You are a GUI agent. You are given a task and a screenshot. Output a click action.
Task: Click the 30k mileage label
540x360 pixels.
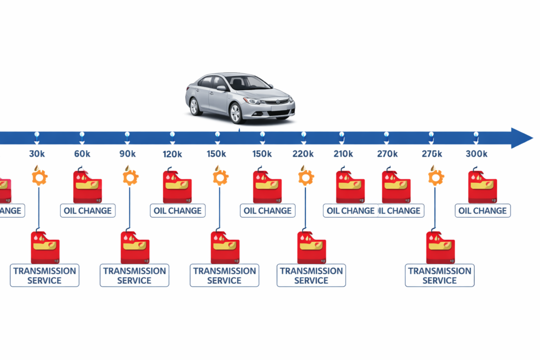tap(37, 154)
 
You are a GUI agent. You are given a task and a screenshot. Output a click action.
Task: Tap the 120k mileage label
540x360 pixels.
tap(172, 154)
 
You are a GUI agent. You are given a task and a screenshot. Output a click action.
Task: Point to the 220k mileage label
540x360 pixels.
tap(303, 154)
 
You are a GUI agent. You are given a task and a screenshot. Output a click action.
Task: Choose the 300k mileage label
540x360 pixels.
tap(477, 154)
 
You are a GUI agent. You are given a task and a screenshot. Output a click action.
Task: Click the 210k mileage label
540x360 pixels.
tap(343, 154)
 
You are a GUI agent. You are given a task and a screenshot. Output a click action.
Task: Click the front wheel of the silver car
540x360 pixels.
tap(236, 112)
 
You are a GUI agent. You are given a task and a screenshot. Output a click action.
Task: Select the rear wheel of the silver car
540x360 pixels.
tap(195, 106)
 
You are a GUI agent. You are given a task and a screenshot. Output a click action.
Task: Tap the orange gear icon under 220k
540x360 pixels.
tap(305, 177)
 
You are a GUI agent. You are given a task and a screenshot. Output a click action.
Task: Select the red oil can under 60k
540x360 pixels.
tap(87, 187)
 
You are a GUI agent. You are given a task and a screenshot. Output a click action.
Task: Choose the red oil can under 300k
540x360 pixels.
tap(482, 187)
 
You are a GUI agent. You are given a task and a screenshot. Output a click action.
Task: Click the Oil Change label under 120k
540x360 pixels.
tap(178, 210)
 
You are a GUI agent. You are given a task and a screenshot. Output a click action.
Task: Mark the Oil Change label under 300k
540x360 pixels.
tap(483, 210)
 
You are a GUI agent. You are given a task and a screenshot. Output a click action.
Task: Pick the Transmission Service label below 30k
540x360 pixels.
tap(45, 275)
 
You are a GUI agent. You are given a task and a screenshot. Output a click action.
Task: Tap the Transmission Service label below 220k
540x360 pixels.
tap(311, 275)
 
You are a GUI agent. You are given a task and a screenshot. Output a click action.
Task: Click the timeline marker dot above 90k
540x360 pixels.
tap(127, 135)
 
